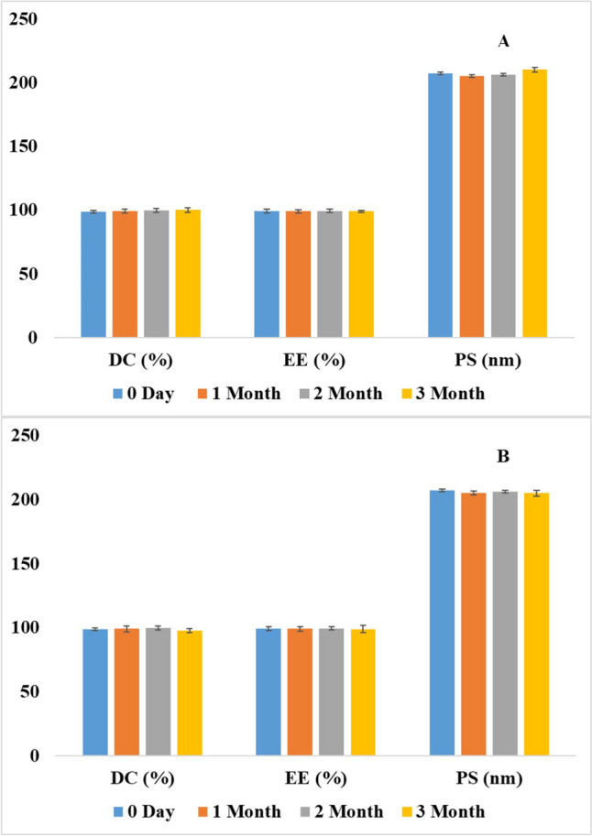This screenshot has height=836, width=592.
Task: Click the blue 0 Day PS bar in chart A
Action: tap(440, 205)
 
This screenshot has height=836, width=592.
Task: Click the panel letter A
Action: tap(502, 41)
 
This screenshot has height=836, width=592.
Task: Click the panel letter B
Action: tap(502, 456)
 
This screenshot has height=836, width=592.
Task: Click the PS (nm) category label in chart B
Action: tap(487, 780)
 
